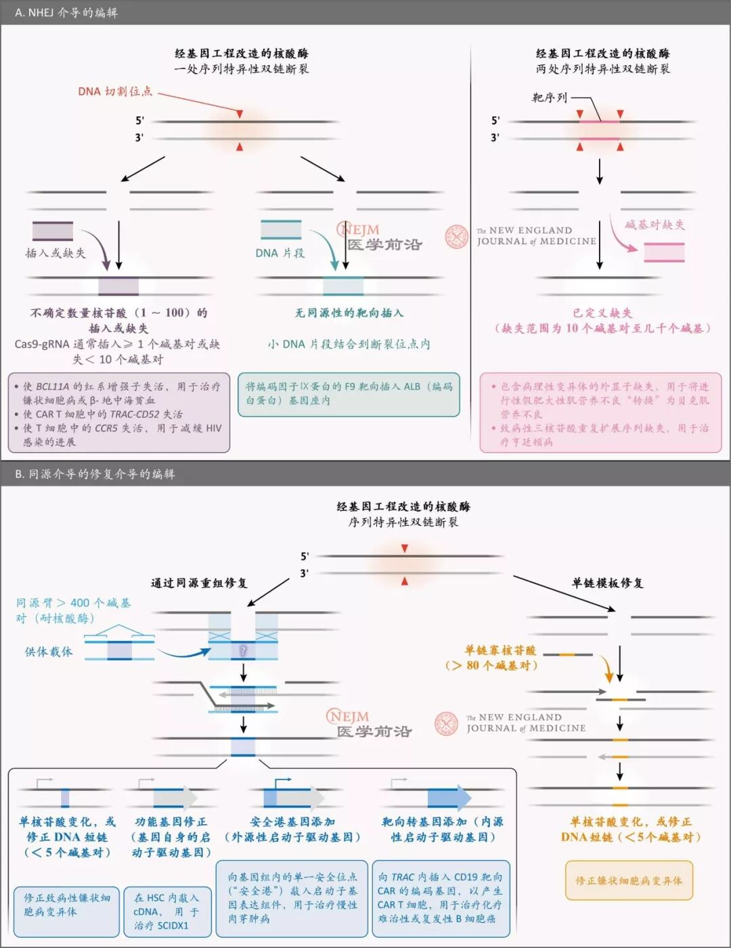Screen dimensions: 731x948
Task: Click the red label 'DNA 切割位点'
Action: tap(115, 91)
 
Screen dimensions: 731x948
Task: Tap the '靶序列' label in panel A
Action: tap(550, 97)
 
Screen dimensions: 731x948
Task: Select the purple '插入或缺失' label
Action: tap(56, 253)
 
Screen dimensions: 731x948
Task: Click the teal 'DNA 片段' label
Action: tap(280, 253)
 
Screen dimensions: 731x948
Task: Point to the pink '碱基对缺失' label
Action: tap(655, 225)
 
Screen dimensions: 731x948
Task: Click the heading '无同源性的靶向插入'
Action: tap(349, 313)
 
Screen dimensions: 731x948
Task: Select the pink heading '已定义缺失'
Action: tap(602, 313)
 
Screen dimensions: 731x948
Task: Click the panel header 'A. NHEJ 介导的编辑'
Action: tap(66, 12)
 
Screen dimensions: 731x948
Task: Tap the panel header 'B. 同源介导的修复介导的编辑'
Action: tap(95, 474)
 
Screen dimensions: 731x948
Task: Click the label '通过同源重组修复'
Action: tap(199, 583)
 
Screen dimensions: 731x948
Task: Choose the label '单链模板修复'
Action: tap(607, 583)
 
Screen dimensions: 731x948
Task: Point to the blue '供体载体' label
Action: tap(49, 652)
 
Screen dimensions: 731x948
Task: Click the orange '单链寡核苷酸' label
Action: tap(500, 650)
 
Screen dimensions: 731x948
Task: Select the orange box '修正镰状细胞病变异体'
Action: tap(629, 880)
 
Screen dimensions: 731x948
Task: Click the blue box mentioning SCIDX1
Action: tap(166, 911)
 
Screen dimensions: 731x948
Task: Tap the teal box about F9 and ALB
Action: tap(349, 394)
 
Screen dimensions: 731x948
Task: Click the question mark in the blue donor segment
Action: tap(243, 650)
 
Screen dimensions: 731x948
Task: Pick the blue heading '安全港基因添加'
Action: tap(292, 821)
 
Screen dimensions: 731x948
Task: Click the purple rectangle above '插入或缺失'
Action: tap(53, 231)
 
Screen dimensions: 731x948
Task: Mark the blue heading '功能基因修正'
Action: tap(171, 821)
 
